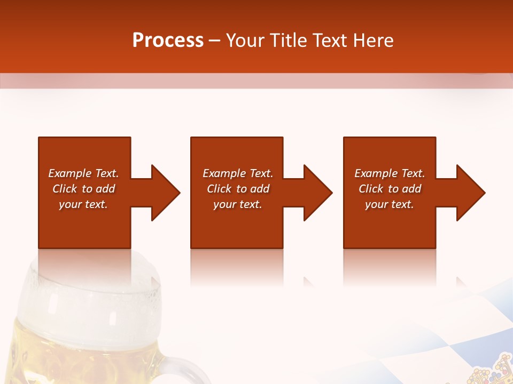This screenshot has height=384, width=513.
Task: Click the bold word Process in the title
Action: (x=168, y=41)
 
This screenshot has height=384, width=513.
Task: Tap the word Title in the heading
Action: (x=288, y=41)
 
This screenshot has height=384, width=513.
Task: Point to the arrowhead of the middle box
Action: (x=317, y=193)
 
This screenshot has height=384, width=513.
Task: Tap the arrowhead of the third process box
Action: (x=470, y=193)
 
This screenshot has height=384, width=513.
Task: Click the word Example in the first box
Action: (x=69, y=173)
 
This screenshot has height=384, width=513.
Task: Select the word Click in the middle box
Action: (x=219, y=189)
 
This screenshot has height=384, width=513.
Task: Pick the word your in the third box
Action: (x=376, y=204)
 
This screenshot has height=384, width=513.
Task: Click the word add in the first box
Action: (x=106, y=189)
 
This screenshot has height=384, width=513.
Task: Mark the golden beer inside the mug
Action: (x=80, y=352)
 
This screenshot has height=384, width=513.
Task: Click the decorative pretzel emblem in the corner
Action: (x=492, y=371)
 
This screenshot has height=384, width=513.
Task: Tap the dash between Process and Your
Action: (x=214, y=41)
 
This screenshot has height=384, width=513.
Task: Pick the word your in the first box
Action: (x=69, y=204)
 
